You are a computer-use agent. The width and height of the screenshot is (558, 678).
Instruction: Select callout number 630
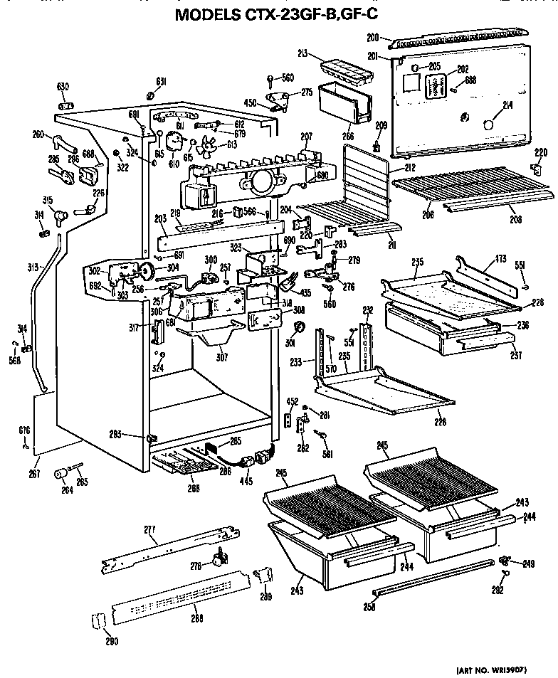click(63, 87)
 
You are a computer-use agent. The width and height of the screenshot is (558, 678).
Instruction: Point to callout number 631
click(162, 82)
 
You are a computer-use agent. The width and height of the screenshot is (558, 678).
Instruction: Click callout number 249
click(527, 565)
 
